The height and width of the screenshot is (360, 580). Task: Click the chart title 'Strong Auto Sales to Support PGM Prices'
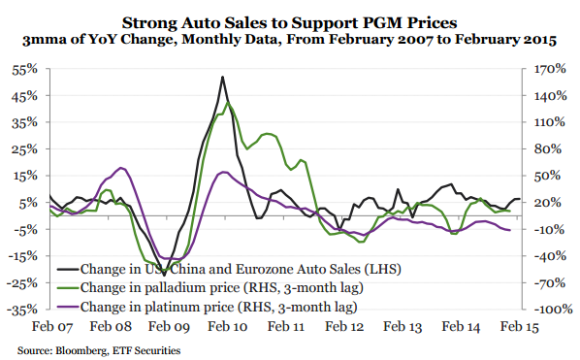pyautogui.click(x=290, y=21)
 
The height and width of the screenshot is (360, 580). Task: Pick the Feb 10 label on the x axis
pyautogui.click(x=224, y=331)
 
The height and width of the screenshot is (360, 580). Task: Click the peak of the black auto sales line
pyautogui.click(x=223, y=77)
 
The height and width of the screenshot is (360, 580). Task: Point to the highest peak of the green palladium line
pyautogui.click(x=228, y=102)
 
